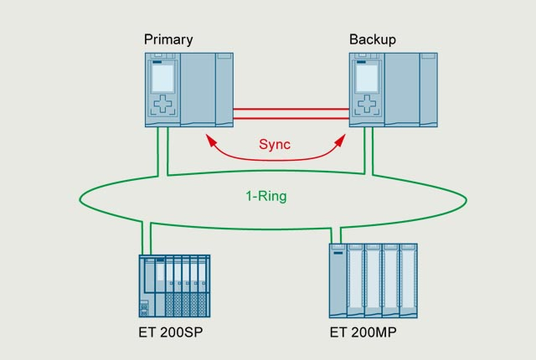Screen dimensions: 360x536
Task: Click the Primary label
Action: tap(168, 39)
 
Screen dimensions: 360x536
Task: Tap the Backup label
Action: tap(373, 39)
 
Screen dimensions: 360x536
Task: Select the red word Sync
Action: tap(274, 144)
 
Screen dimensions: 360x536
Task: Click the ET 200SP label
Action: tap(171, 332)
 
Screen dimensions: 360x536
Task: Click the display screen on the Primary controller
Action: tap(162, 77)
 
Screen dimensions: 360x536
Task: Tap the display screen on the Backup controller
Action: tap(367, 77)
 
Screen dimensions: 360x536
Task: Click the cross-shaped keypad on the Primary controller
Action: tap(162, 106)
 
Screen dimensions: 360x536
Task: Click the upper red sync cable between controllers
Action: tap(291, 109)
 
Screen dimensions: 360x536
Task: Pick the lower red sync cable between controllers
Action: tap(291, 119)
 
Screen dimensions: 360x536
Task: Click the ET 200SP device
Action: tap(174, 285)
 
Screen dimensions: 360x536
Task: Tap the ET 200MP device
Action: tap(373, 280)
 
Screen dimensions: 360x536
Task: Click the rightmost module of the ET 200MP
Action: tap(408, 280)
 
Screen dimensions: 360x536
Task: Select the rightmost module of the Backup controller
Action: tap(428, 90)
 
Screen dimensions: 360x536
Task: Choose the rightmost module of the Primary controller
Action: tap(224, 90)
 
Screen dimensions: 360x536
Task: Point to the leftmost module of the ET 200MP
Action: tap(337, 280)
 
